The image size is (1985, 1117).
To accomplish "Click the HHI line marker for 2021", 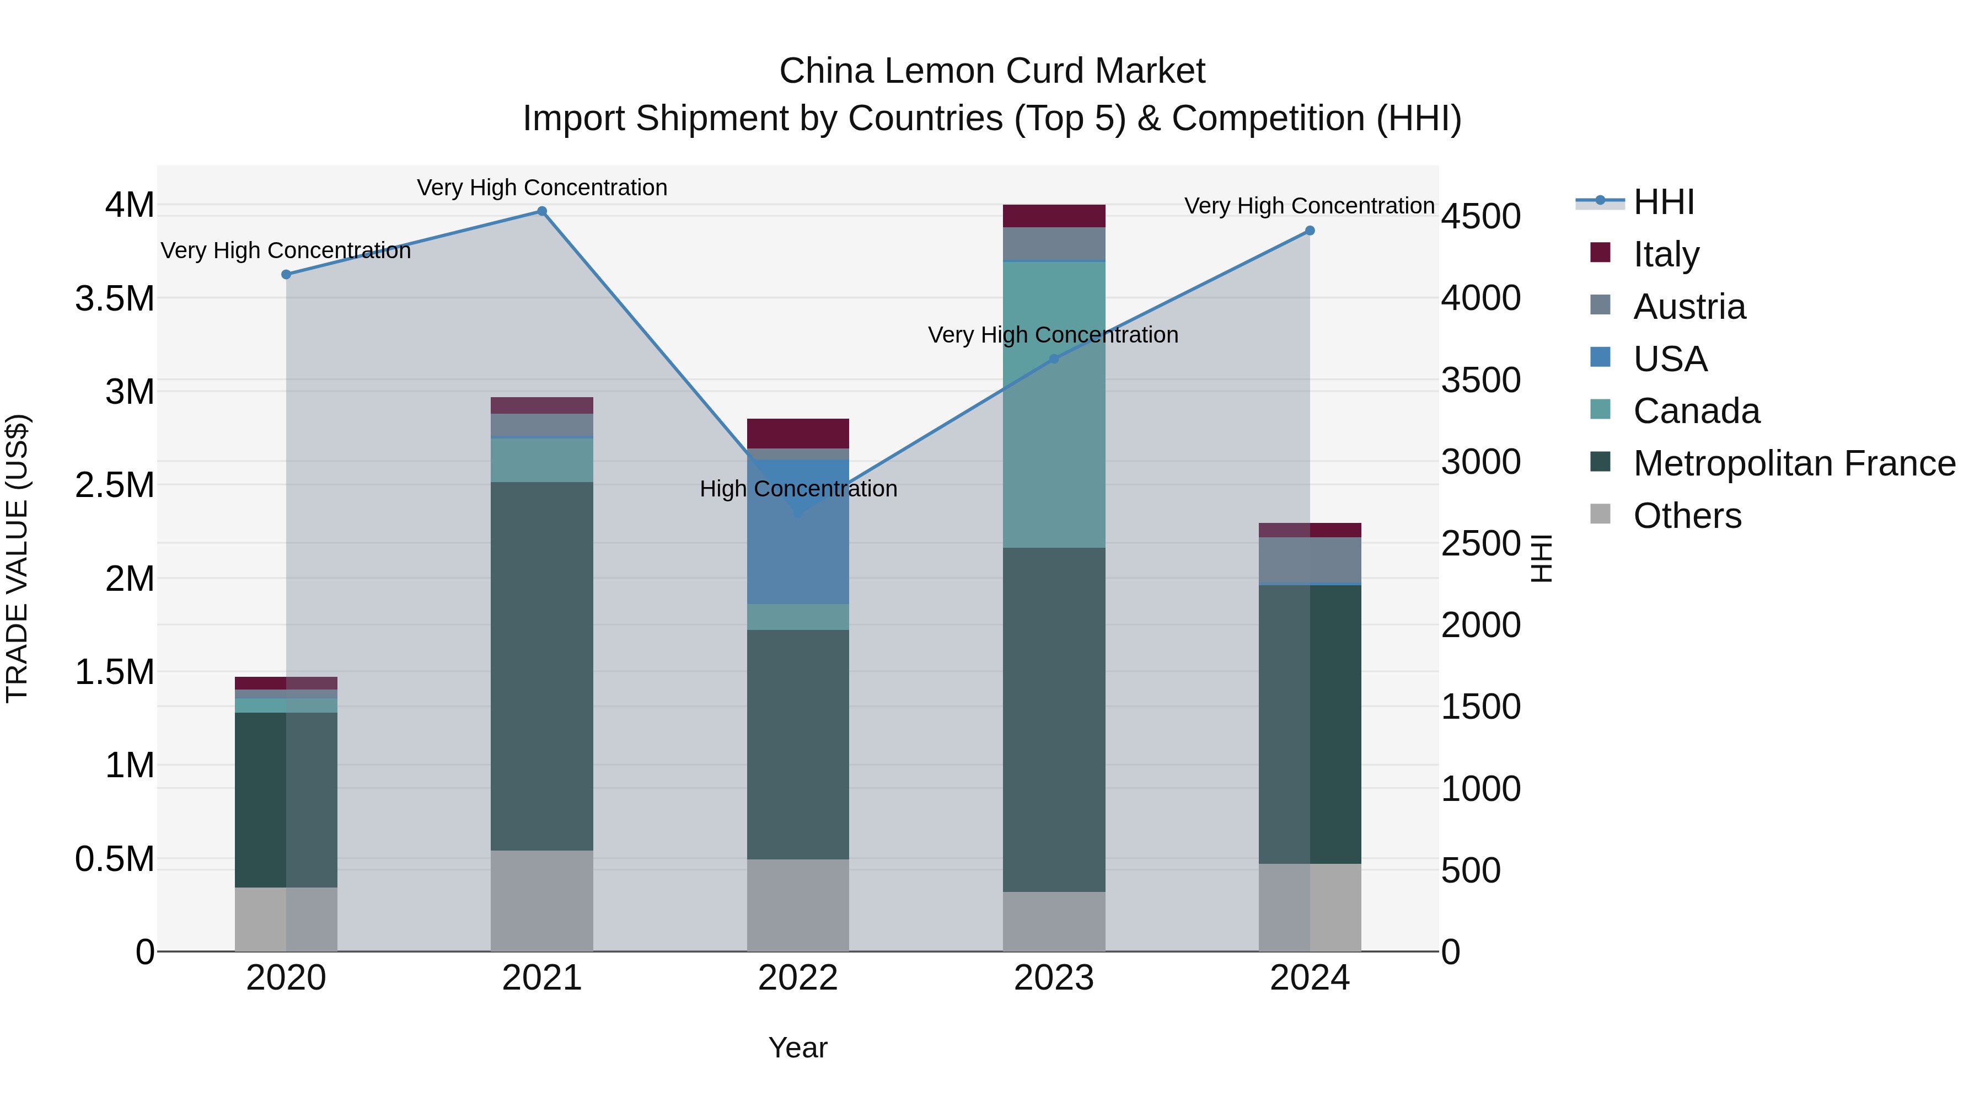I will coord(541,211).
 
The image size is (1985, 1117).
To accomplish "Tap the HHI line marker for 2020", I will coord(286,275).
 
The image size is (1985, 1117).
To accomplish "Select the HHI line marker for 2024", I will coord(1309,231).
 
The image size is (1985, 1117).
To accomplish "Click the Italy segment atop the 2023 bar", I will coord(1053,216).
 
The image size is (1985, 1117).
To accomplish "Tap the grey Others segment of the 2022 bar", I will coord(797,905).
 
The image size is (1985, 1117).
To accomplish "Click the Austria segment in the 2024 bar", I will coord(1309,560).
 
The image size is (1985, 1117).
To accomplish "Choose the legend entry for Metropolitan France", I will coord(1794,463).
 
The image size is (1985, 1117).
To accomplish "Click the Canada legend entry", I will coord(1696,411).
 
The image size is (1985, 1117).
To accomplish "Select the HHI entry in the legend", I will coord(1663,202).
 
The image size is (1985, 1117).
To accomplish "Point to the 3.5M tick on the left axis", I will coord(115,298).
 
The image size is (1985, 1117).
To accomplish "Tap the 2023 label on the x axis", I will coord(1053,978).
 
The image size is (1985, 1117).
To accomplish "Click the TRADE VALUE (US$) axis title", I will coord(17,558).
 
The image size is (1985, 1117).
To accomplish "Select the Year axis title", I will coord(797,1047).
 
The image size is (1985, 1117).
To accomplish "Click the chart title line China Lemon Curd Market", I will coord(992,71).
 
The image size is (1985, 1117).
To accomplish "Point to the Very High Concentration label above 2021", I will coord(541,188).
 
